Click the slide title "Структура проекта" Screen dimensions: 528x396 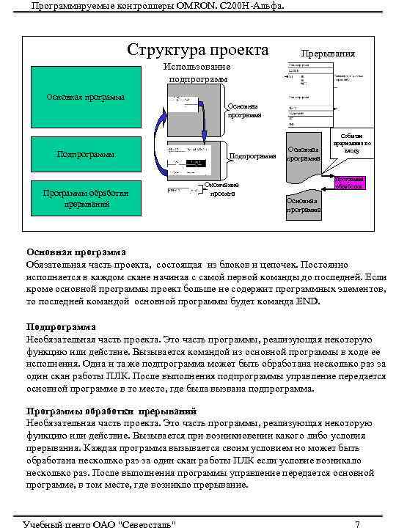click(198, 51)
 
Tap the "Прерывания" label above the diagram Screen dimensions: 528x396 click(328, 54)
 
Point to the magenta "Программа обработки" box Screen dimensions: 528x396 click(349, 183)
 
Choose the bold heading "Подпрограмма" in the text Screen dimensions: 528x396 click(62, 327)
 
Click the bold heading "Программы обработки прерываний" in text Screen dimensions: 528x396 click(111, 411)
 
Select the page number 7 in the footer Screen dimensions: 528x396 click(356, 523)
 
